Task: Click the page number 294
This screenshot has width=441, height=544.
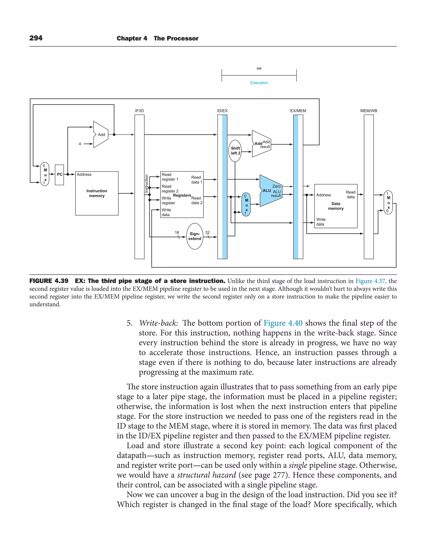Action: pos(36,38)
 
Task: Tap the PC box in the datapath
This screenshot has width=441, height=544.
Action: pos(59,175)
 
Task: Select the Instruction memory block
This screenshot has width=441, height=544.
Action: pos(97,193)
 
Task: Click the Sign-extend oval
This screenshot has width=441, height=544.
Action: pos(195,236)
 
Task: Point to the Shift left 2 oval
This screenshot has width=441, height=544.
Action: pos(235,151)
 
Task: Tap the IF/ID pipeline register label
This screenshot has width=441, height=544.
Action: pos(140,111)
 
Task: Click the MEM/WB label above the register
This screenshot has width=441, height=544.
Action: pos(369,111)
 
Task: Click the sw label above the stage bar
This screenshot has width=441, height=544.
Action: pos(259,68)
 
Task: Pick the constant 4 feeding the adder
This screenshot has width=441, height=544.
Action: pos(80,144)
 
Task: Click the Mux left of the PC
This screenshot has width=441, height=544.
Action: pos(45,174)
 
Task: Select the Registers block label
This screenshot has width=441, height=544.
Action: pos(182,195)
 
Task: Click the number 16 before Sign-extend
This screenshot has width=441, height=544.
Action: pos(177,233)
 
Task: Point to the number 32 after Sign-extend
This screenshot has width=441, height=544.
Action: pos(207,233)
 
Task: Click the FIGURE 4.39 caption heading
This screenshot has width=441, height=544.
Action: pos(49,281)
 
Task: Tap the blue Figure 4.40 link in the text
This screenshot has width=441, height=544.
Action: pos(283,323)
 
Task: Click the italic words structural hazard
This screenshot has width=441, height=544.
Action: pos(206,475)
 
